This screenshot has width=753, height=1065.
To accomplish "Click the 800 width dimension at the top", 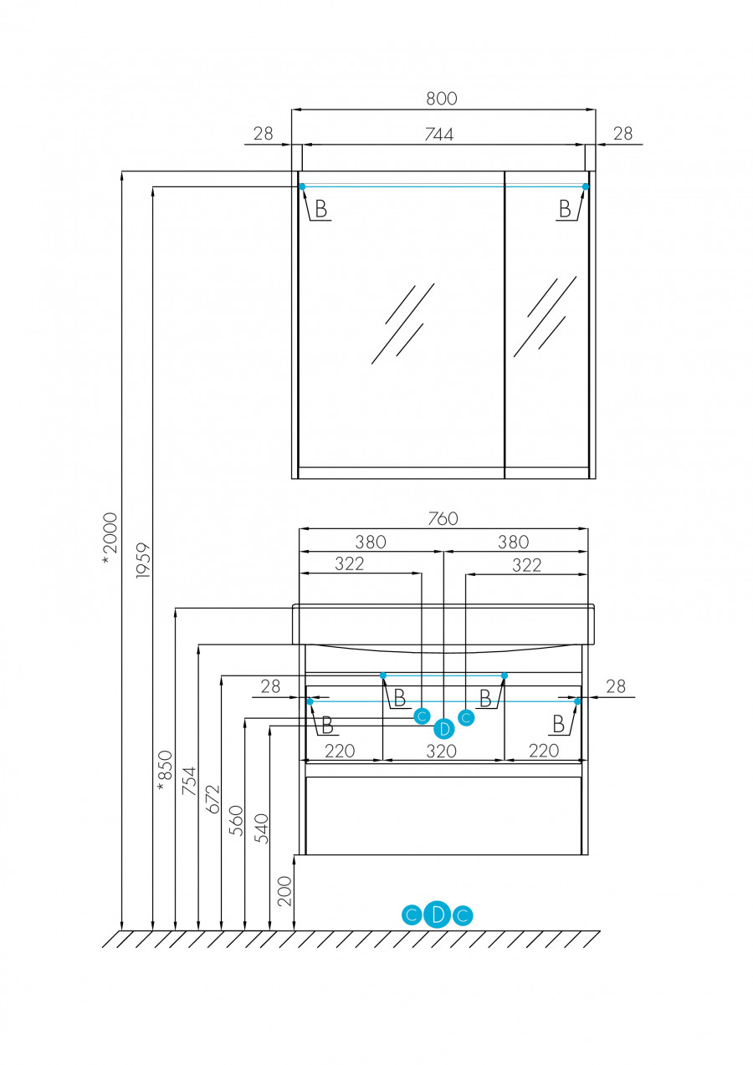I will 442,98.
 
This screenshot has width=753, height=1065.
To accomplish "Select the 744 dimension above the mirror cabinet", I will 438,134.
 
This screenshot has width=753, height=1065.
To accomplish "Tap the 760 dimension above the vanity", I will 443,518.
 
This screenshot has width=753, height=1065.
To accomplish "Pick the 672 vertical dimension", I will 213,798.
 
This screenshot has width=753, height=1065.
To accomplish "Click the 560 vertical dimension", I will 236,821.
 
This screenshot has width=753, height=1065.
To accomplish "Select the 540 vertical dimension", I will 262,828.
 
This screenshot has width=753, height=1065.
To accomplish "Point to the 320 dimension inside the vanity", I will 442,751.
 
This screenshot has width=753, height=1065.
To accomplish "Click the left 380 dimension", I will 371,542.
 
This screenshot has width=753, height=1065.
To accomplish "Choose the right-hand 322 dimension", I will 526,565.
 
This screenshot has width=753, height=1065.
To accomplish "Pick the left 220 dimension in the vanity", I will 340,751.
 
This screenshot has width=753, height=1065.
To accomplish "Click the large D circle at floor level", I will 437,915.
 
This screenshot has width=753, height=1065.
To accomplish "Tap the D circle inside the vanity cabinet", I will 444,728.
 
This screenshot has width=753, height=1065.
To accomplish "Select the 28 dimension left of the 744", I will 264,134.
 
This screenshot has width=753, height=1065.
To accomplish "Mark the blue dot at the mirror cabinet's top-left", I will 302,186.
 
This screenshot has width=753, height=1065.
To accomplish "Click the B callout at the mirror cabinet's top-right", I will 566,209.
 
